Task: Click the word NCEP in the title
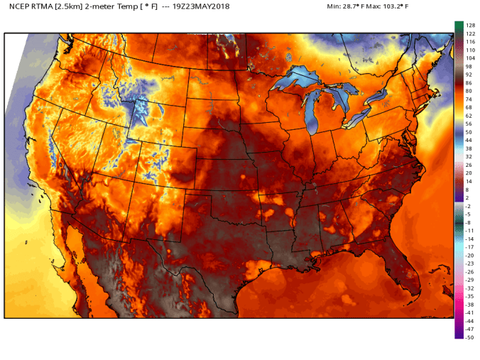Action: (x=20, y=6)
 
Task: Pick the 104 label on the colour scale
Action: (x=469, y=59)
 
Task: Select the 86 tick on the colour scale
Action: (x=469, y=83)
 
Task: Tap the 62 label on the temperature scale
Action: (x=469, y=115)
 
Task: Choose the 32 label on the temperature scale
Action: (x=469, y=156)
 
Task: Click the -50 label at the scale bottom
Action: (x=469, y=337)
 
